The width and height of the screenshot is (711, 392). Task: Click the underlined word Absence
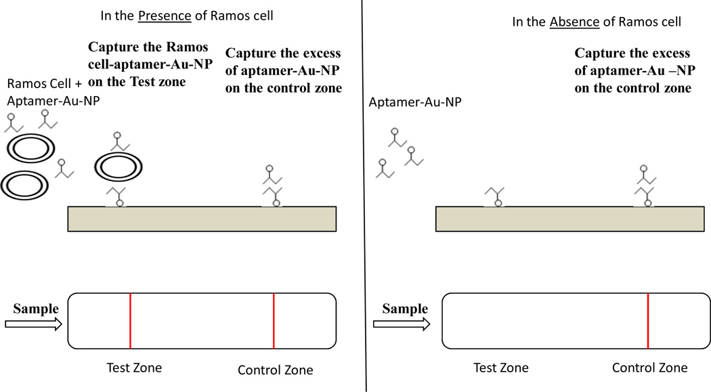tap(574, 22)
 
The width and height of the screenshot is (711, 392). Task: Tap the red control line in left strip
tap(274, 321)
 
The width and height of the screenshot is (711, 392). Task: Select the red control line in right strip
tap(648, 321)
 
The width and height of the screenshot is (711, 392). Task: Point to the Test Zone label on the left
tap(134, 368)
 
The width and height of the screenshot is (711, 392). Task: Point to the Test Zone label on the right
tap(500, 368)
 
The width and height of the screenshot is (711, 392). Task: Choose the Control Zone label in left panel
tap(276, 370)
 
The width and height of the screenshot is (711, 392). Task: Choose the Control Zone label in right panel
tap(649, 368)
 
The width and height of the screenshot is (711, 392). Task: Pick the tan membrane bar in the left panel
tap(202, 219)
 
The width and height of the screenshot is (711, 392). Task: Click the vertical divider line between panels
tap(364, 203)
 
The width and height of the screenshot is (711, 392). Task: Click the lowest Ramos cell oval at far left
tap(24, 183)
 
